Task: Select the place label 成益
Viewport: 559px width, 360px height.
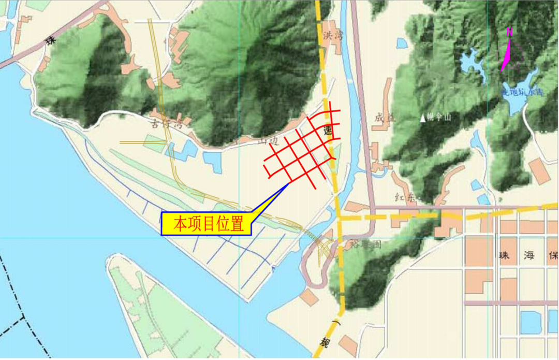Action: point(385,118)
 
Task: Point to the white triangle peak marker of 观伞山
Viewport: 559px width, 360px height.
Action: point(423,118)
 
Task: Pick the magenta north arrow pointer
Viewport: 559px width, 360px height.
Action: point(507,55)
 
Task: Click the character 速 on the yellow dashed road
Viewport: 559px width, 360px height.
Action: point(327,131)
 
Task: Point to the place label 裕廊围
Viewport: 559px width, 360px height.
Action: point(365,243)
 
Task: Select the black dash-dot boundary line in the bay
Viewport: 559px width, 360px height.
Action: point(16,290)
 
